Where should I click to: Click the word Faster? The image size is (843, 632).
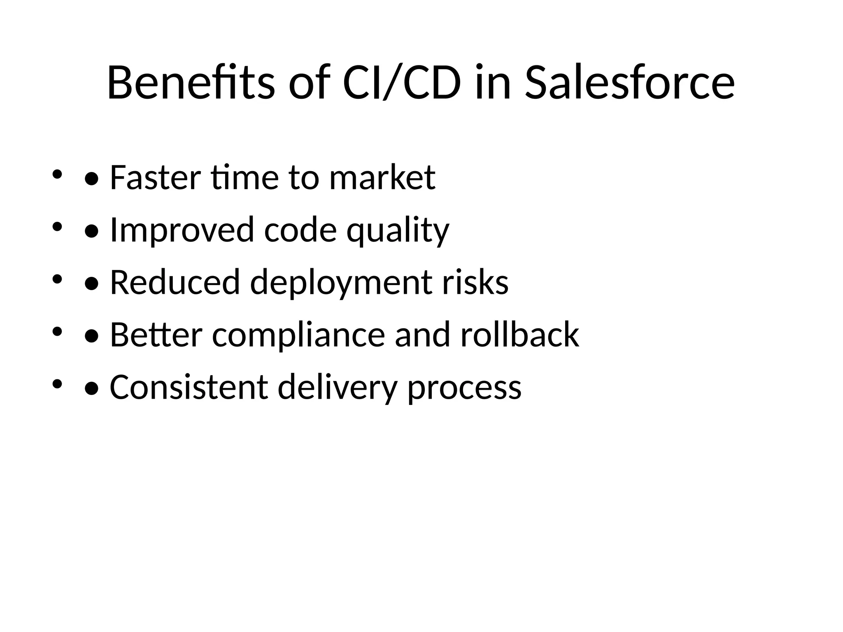coord(155,178)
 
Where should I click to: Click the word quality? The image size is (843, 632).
coord(398,230)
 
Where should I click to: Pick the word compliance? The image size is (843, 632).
coord(298,336)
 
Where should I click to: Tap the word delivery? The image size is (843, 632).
coord(338,388)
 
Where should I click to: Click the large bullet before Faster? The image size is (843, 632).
coord(91,179)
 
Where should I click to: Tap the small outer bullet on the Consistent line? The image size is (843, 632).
coord(57,384)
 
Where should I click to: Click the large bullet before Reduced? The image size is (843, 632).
coord(91,284)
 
